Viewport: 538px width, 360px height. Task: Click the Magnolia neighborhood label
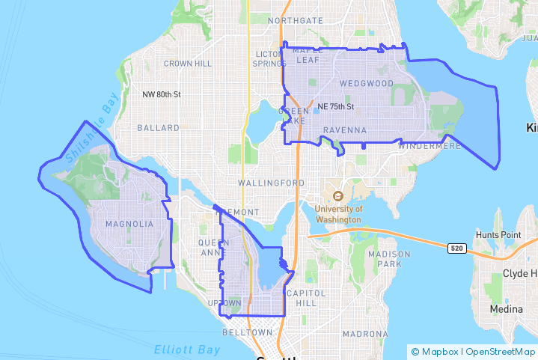pos(129,224)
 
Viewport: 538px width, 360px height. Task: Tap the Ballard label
pos(158,128)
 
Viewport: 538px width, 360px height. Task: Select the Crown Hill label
pos(187,64)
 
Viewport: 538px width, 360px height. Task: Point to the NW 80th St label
pos(162,95)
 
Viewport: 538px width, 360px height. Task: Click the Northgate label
pos(295,20)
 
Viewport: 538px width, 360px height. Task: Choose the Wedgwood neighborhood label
pos(366,83)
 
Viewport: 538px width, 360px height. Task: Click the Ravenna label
pos(344,130)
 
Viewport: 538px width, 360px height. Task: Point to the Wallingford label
pos(271,183)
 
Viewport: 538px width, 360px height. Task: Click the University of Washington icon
pos(337,197)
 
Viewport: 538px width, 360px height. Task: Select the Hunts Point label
pos(501,235)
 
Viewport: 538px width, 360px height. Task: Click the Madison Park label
pos(390,259)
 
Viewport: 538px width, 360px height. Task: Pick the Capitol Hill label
pos(307,297)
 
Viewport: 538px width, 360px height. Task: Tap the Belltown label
pos(248,332)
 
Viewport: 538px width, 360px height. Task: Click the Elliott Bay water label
pos(187,350)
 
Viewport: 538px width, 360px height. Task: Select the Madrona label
pos(365,333)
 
